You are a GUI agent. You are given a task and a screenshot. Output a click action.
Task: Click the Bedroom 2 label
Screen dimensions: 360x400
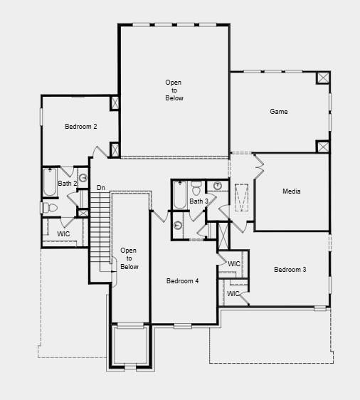(x=81, y=127)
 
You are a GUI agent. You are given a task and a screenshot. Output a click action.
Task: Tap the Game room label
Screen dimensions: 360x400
(x=279, y=112)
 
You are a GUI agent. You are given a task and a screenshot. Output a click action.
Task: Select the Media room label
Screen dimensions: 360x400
(x=292, y=191)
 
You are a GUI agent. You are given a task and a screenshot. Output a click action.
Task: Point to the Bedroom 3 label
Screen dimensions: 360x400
(x=290, y=269)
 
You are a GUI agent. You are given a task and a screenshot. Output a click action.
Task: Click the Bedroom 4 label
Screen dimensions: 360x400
(x=182, y=281)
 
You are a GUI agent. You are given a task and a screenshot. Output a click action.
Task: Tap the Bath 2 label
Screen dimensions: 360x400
(x=68, y=183)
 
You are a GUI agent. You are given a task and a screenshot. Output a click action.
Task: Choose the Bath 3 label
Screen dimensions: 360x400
(x=199, y=201)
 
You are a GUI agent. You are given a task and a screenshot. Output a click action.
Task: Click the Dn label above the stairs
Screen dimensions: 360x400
(x=101, y=188)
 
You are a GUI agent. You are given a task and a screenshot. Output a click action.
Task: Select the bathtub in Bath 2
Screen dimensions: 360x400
(x=50, y=182)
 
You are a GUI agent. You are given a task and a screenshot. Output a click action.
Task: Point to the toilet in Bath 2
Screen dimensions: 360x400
(x=49, y=208)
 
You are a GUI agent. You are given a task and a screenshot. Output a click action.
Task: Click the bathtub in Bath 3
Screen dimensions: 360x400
(x=180, y=195)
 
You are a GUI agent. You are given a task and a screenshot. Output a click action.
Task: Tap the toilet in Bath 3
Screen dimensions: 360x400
(x=196, y=189)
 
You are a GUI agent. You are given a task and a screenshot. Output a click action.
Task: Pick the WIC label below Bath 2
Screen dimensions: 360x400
(x=63, y=234)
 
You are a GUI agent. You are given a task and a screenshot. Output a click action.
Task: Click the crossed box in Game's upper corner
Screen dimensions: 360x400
(x=323, y=78)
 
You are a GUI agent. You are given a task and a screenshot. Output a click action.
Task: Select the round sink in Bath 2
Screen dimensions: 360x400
(x=83, y=178)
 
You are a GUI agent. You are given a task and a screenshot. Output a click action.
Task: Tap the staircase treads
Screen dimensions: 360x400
(x=101, y=231)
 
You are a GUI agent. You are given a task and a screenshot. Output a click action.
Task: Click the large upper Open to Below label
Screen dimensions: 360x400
(x=174, y=90)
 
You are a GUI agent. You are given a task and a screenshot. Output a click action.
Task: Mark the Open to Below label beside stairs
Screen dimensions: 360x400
(x=129, y=258)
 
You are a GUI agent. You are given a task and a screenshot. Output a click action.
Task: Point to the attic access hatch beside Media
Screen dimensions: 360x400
(x=241, y=197)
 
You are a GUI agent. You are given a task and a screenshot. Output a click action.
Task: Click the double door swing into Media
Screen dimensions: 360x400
(x=258, y=166)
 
